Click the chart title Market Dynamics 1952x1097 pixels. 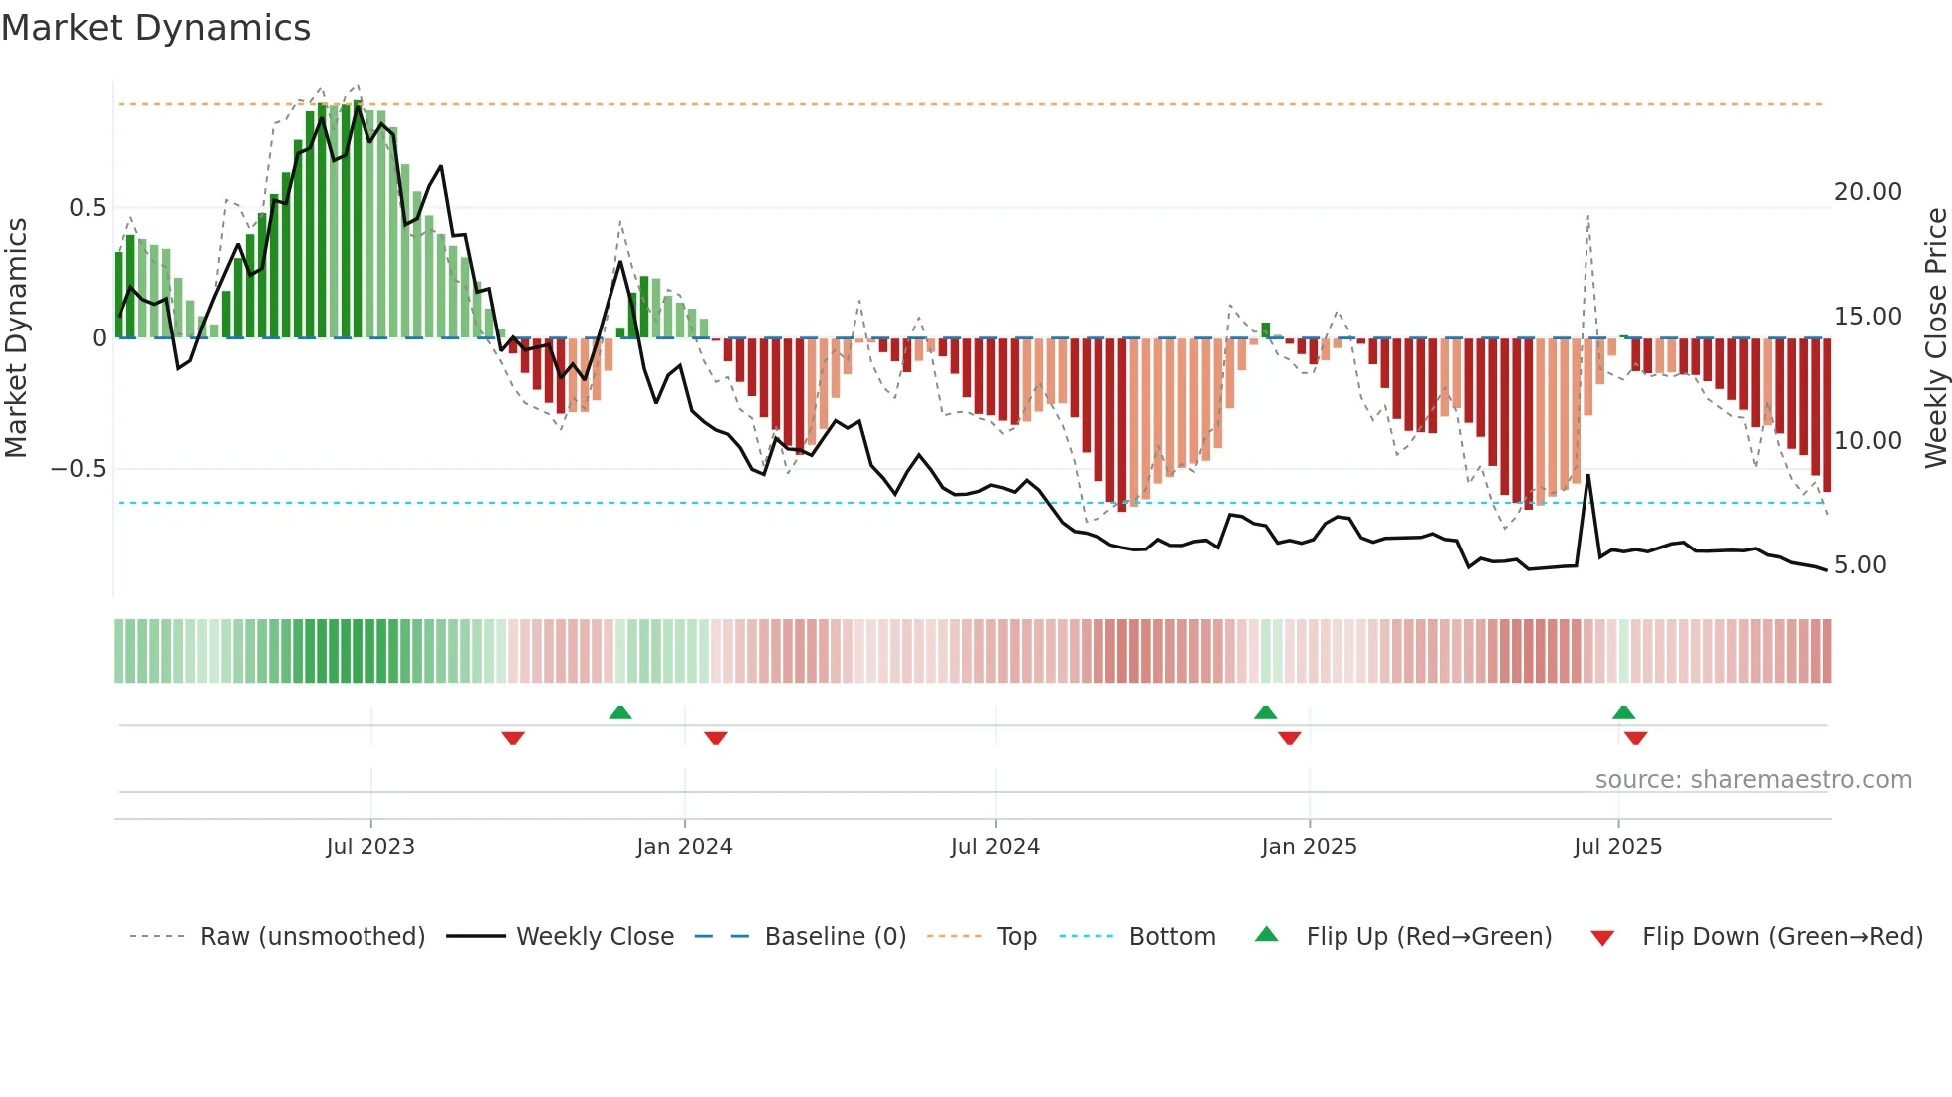click(x=155, y=28)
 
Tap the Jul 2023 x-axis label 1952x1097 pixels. click(x=370, y=847)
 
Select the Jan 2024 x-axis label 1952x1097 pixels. click(x=684, y=847)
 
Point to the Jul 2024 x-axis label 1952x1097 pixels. click(x=995, y=847)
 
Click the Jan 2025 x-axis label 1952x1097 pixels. click(x=1309, y=847)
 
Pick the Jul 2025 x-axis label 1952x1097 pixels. click(x=1617, y=847)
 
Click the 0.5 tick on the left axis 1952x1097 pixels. click(x=87, y=208)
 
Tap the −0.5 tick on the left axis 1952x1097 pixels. click(x=78, y=469)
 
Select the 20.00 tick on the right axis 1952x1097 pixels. click(x=1867, y=192)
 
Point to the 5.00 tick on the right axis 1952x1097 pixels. click(x=1859, y=565)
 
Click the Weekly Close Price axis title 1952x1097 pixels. click(x=1935, y=337)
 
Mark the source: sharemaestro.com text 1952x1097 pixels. click(x=1753, y=780)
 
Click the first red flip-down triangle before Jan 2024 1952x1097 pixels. click(x=513, y=738)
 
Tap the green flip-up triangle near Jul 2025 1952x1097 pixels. click(x=1623, y=712)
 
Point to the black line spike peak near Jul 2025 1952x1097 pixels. click(x=1587, y=476)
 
